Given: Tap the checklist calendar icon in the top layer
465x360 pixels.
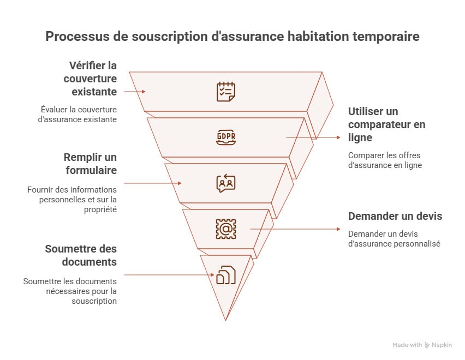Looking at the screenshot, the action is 225,91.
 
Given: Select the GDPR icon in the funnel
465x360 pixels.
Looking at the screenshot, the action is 225,137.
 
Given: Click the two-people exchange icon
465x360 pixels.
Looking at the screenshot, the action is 225,183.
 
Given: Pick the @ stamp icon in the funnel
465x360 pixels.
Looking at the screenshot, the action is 225,229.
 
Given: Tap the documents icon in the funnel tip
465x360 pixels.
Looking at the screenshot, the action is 225,275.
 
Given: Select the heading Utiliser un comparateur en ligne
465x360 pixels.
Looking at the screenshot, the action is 386,124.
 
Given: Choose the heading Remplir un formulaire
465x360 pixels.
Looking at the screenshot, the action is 90,164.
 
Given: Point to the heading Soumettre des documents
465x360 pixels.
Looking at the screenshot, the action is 81,255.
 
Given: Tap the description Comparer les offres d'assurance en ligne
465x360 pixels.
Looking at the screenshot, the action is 385,160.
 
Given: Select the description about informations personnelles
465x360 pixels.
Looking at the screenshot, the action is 72,199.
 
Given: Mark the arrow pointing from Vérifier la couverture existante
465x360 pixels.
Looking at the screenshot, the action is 134,92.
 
